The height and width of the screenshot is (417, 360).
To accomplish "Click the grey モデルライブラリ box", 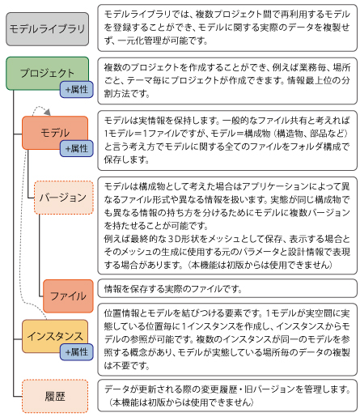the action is coord(48,29).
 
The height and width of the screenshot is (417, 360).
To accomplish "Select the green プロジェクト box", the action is coord(48,73).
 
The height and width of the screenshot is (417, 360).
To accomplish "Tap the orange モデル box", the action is coord(55,133).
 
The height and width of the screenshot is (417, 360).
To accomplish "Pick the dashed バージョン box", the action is coord(64,198).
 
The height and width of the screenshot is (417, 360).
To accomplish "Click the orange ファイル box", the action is coord(68,296).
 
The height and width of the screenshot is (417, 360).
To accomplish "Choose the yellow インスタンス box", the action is coord(55,336).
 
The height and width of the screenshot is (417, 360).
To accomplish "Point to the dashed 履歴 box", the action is coord(55,396).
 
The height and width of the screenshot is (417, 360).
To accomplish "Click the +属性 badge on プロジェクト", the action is coord(77,89).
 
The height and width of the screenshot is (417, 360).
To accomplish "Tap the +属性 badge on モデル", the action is coord(77,148).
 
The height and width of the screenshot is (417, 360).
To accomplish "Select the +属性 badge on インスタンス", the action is coord(77,352).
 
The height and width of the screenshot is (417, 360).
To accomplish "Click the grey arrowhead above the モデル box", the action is coord(48,113).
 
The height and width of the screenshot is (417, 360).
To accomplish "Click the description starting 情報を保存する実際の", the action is coord(227,288).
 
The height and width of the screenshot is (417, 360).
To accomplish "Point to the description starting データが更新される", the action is coord(227,396).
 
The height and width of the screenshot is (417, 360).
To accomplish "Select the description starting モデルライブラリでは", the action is coord(227,28).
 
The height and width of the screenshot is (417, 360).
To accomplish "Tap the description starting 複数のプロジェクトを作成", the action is coord(227,81).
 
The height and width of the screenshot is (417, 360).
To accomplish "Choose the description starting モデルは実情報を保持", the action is coord(227,140).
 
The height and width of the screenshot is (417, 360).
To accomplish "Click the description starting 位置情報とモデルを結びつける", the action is coord(227,339).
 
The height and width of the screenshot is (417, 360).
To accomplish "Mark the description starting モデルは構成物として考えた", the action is coord(227,226).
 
